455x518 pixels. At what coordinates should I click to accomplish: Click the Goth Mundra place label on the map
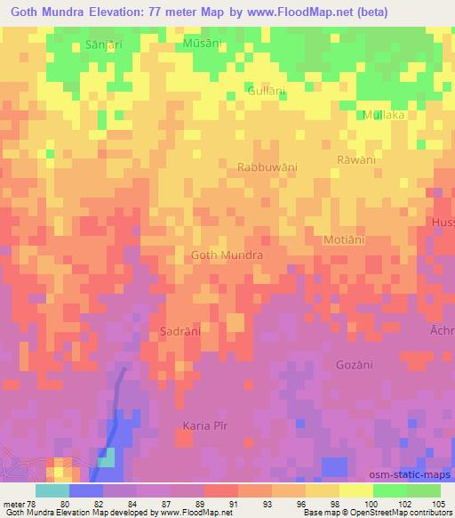click(227, 255)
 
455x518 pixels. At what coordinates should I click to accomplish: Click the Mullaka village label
click(384, 115)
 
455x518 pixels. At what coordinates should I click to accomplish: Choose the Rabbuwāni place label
click(267, 166)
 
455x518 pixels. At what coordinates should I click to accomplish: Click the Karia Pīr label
click(205, 425)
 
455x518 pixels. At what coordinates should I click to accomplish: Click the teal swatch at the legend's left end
click(52, 490)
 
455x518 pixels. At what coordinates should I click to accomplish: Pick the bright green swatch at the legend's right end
click(423, 490)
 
